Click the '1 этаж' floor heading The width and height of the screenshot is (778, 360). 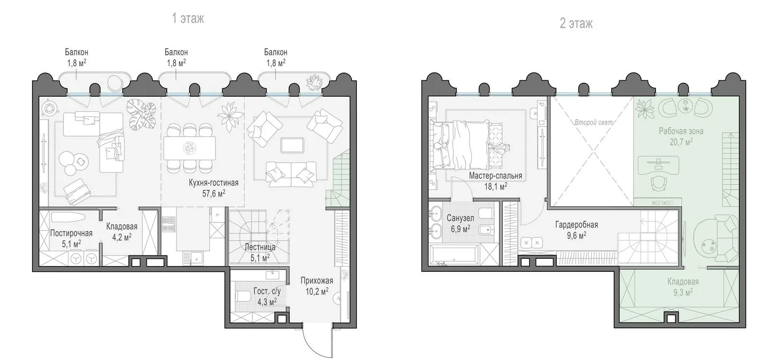188,18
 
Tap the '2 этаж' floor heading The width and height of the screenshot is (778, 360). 576,23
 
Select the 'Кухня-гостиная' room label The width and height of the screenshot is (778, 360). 213,183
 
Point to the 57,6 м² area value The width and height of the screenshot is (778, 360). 213,194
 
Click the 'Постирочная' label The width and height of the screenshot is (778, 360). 71,233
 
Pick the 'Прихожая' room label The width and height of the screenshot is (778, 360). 317,281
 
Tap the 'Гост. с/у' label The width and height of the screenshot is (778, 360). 267,291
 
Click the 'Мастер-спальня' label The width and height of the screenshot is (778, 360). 495,176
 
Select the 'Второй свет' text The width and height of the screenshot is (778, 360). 593,122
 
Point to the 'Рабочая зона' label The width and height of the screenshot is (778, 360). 681,131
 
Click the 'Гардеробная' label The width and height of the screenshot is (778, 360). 577,225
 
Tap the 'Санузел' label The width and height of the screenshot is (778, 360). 460,218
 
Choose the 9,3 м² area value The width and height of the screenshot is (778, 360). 683,292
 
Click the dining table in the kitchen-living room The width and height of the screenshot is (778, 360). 190,148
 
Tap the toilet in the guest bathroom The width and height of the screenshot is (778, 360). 244,296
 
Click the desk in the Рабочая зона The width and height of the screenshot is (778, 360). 658,165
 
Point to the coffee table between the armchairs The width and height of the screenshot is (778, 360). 292,145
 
